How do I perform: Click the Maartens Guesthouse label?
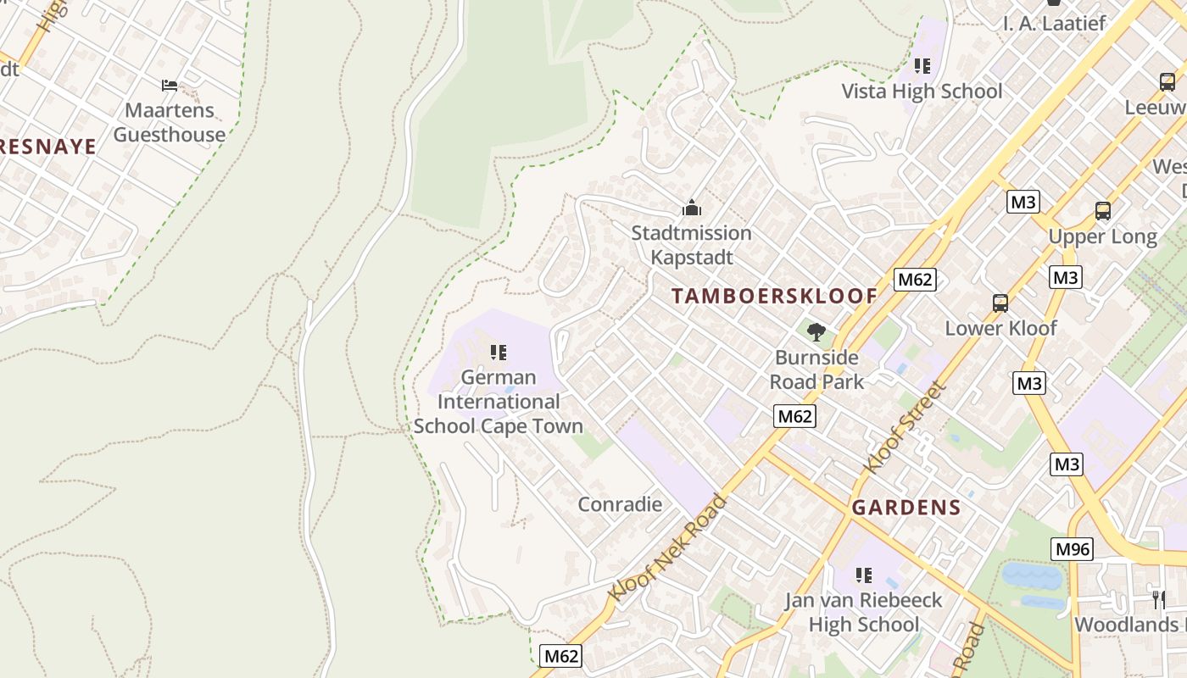170,122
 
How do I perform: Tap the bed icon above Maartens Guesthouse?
170,85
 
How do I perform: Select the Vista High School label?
922,92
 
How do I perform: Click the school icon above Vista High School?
922,66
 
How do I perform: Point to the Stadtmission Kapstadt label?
691,245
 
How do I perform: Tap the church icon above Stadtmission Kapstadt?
692,208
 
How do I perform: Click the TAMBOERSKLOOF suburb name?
774,296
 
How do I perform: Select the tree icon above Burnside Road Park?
816,332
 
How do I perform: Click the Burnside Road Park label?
816,370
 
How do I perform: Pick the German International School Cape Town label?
499,402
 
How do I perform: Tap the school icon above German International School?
499,352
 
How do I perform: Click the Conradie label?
620,504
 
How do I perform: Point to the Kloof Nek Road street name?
669,547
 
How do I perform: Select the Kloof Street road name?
904,428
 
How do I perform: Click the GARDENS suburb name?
906,508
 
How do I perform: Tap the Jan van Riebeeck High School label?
863,612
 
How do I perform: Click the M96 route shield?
1072,549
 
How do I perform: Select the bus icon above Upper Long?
1102,211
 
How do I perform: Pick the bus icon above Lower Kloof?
1000,303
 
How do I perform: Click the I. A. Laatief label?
1054,23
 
